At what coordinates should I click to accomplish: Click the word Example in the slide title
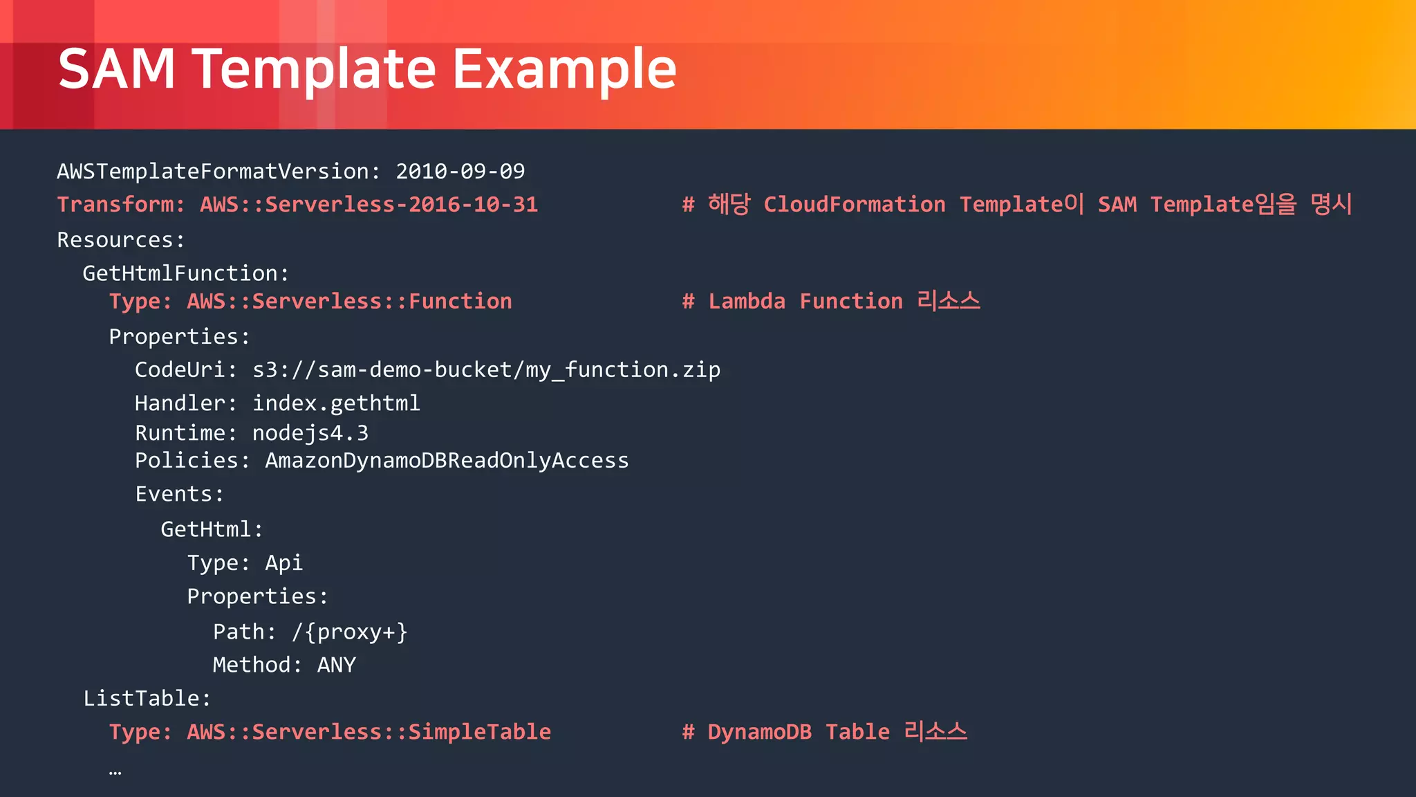pyautogui.click(x=564, y=69)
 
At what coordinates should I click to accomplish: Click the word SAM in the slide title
pyautogui.click(x=116, y=69)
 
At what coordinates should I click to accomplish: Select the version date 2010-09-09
pyautogui.click(x=460, y=171)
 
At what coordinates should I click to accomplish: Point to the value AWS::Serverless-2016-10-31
pyautogui.click(x=369, y=205)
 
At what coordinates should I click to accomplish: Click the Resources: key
pyautogui.click(x=121, y=240)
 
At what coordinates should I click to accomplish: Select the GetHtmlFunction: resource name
pyautogui.click(x=185, y=273)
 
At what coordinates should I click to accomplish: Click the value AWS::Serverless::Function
pyautogui.click(x=349, y=302)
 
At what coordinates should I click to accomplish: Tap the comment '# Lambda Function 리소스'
pyautogui.click(x=830, y=302)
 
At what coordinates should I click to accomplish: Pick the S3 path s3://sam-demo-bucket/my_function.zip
pyautogui.click(x=486, y=370)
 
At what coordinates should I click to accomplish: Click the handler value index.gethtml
pyautogui.click(x=336, y=403)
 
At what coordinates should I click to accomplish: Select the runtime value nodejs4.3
pyautogui.click(x=310, y=433)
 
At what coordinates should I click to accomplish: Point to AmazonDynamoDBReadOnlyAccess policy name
pyautogui.click(x=447, y=461)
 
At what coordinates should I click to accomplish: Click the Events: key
pyautogui.click(x=179, y=494)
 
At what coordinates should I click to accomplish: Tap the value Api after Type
pyautogui.click(x=283, y=563)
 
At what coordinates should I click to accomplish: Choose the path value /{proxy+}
pyautogui.click(x=349, y=632)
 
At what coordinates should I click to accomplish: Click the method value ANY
pyautogui.click(x=336, y=665)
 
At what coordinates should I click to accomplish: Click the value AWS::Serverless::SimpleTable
pyautogui.click(x=369, y=732)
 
